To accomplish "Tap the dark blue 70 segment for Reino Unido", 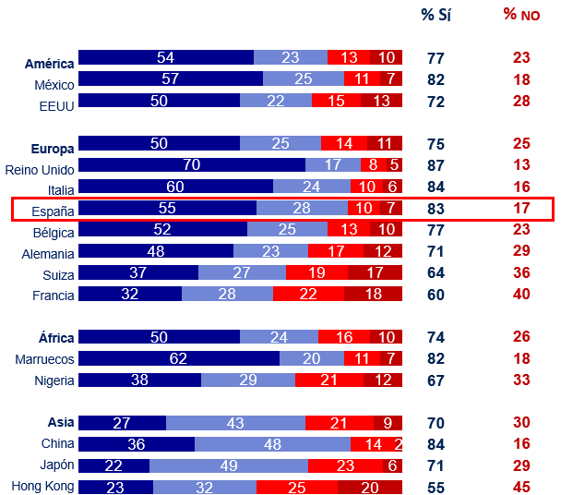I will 192,165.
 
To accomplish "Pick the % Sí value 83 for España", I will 436,209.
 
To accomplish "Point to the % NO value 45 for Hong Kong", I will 521,486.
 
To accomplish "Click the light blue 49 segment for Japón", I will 228,465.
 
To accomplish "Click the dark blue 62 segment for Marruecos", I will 179,358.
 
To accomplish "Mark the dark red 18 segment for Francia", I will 373,294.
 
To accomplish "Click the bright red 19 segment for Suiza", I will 316,272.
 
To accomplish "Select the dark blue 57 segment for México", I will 171,78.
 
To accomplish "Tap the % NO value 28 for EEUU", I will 521,100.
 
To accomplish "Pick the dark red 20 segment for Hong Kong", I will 369,486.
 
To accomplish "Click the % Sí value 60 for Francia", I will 436,294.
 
